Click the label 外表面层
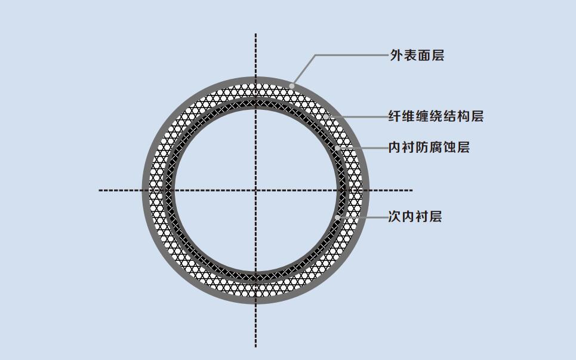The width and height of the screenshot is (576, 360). [417, 56]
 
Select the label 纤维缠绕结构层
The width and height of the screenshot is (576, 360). [436, 116]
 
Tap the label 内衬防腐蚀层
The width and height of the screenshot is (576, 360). [429, 147]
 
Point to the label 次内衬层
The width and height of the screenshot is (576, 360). [415, 216]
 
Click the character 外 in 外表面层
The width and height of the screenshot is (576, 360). [396, 56]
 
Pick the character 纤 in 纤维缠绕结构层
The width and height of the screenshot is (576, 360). [395, 116]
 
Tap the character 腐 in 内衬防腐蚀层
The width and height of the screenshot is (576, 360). [436, 147]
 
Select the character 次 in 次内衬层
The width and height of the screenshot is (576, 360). [395, 216]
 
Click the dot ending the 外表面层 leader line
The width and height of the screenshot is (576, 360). [292, 86]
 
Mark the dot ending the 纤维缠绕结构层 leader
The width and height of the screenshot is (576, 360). [326, 116]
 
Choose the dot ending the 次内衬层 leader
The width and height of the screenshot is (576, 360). [337, 217]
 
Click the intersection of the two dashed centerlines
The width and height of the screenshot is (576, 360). [255, 190]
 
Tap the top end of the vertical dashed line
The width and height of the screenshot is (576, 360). [255, 34]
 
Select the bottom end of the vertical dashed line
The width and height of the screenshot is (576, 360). [255, 346]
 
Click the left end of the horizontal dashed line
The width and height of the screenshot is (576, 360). [99, 190]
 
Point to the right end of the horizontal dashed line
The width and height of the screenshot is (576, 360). [412, 190]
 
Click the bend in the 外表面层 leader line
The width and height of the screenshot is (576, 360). [315, 56]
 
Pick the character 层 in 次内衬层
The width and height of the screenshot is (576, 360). [435, 216]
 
